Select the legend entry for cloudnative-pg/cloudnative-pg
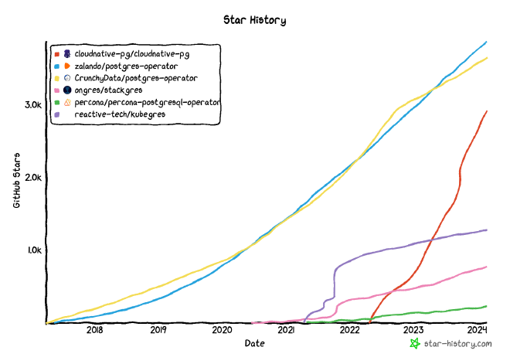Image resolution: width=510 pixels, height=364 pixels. point(132,54)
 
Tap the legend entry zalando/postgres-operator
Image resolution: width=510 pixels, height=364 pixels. point(126,66)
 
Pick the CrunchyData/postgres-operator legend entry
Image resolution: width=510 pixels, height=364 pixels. point(136,78)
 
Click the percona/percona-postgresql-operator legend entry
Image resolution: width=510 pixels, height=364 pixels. point(148,102)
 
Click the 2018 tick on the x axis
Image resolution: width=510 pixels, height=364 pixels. point(94,331)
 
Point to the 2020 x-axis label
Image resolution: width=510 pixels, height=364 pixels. point(222,331)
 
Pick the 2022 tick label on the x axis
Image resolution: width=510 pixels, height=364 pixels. point(350,331)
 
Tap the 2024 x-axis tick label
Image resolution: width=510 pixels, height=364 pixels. point(478,331)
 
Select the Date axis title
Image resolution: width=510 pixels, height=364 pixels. point(254,342)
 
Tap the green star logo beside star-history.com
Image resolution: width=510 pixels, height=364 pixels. point(415,342)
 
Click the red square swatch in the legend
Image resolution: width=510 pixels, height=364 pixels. point(56,54)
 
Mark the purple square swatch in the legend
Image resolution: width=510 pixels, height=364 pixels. point(56,114)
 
